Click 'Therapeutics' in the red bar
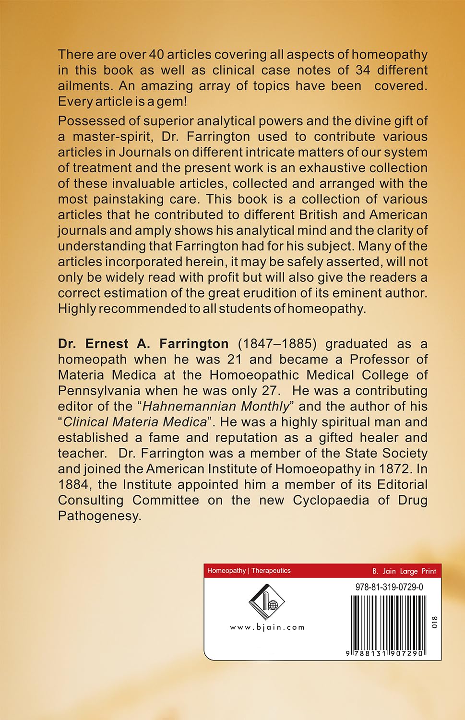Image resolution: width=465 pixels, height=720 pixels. (271, 571)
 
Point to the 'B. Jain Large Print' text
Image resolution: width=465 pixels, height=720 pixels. (404, 571)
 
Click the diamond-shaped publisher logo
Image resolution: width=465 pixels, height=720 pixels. (267, 601)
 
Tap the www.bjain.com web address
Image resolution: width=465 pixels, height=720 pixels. (267, 627)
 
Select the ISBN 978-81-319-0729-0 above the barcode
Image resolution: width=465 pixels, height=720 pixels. (389, 587)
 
